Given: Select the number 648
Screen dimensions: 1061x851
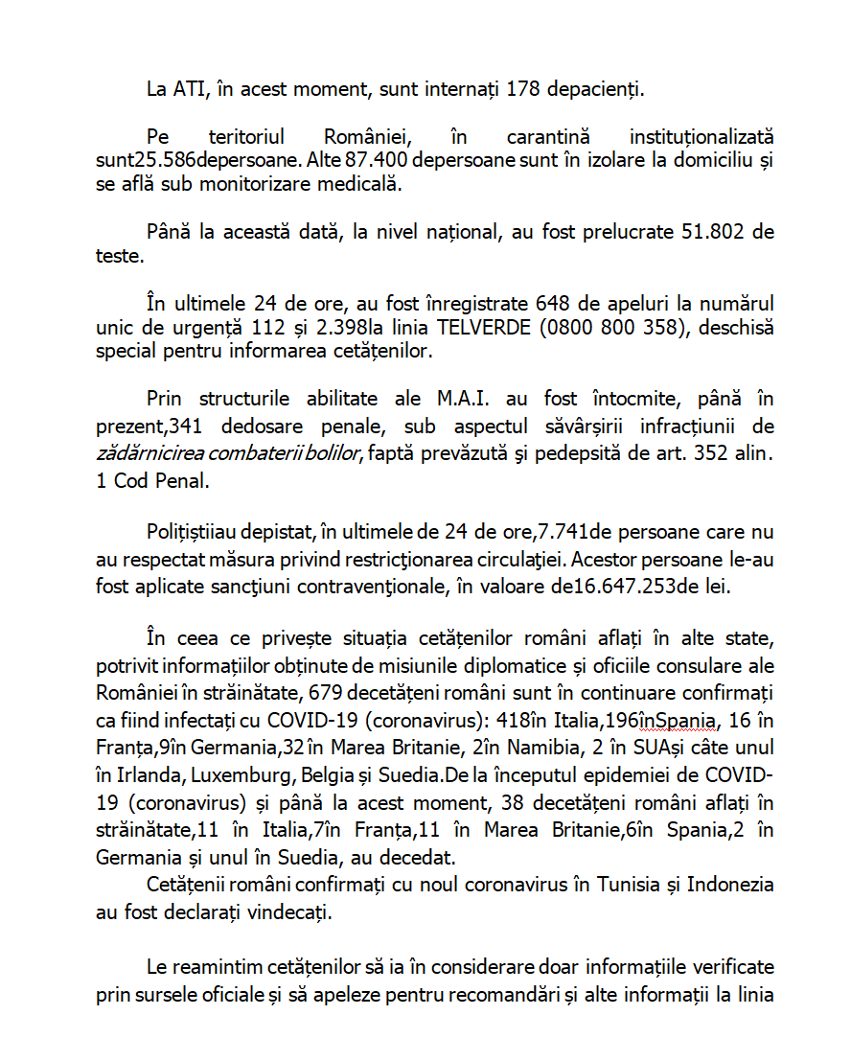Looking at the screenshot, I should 553,305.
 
